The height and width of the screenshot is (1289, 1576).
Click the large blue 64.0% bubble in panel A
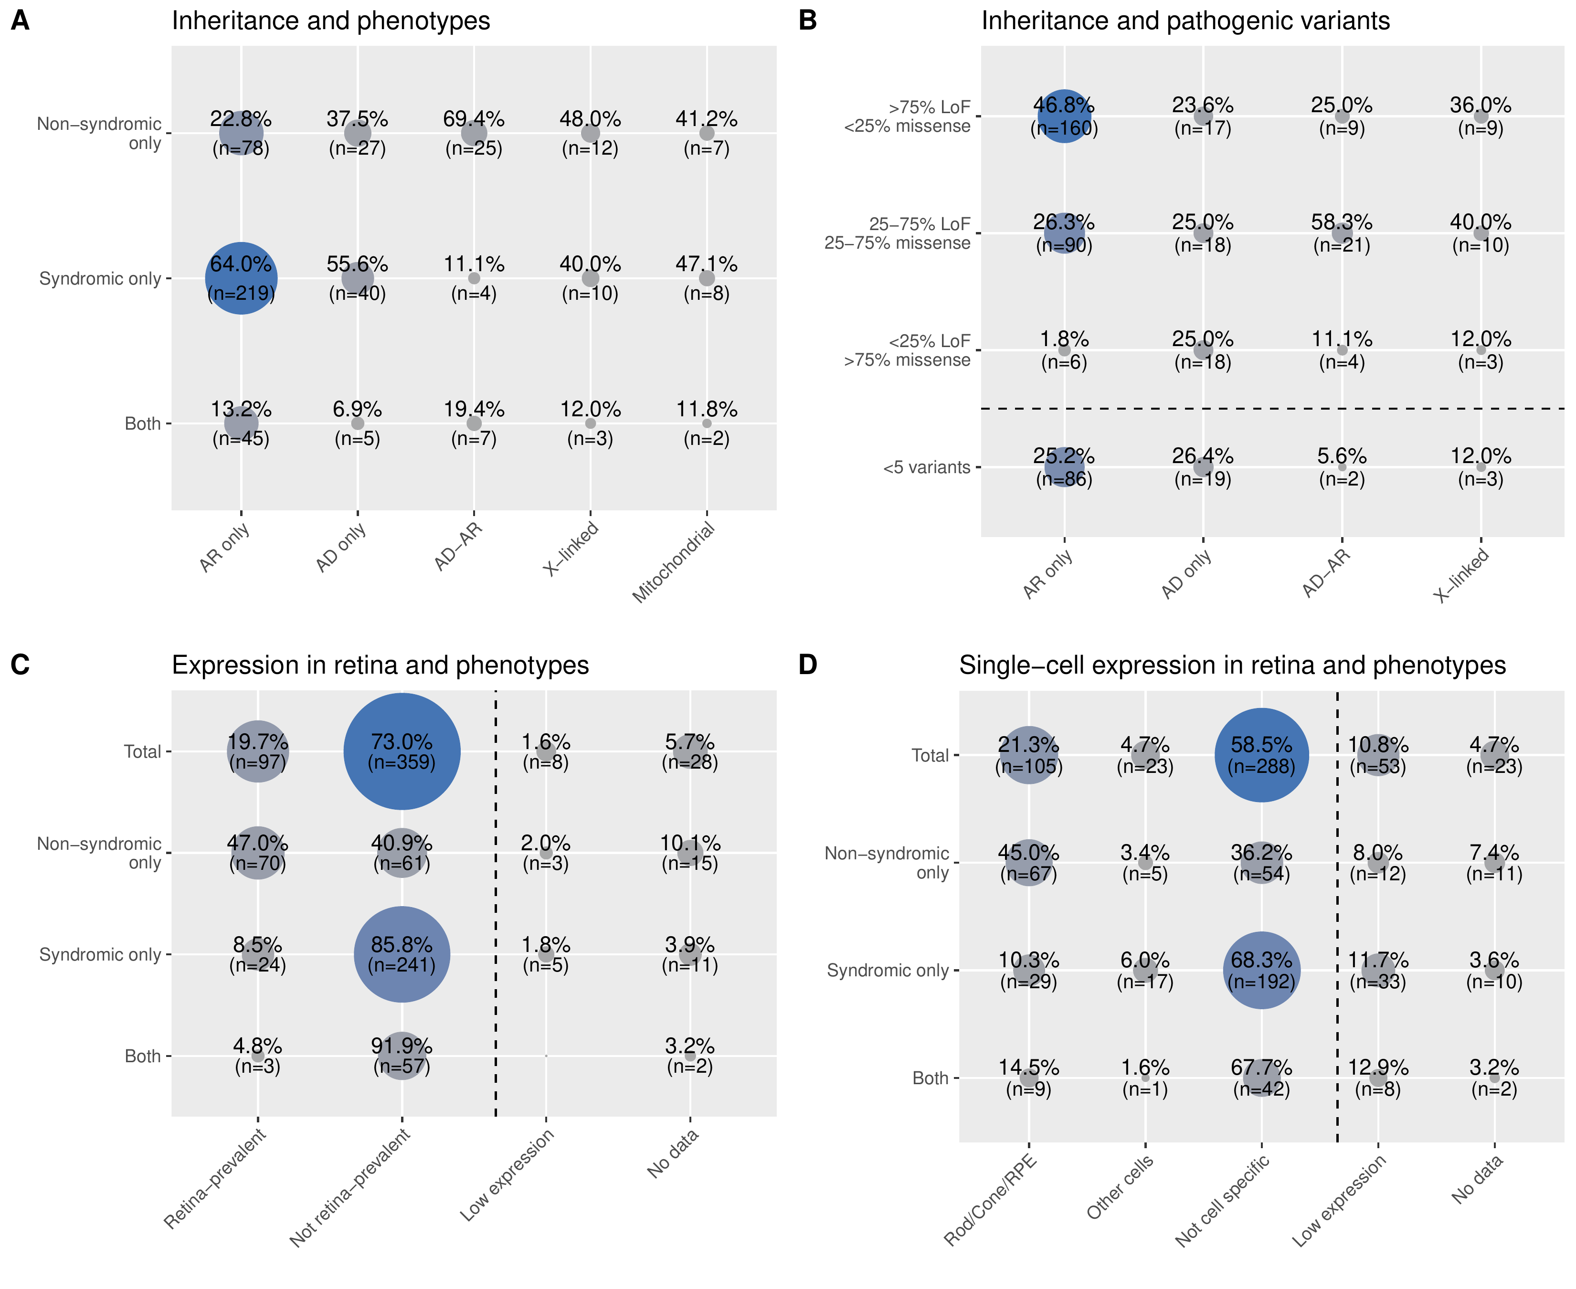(x=241, y=278)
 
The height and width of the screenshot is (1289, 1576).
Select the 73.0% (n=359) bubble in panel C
(x=402, y=751)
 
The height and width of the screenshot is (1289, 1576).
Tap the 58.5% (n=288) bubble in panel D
(x=1261, y=755)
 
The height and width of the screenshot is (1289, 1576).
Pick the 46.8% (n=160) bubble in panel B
(x=1064, y=116)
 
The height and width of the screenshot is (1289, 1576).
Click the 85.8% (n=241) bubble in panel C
(x=402, y=954)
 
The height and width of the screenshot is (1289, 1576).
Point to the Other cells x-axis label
(x=1120, y=1186)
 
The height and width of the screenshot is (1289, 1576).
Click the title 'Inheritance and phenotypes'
(x=330, y=21)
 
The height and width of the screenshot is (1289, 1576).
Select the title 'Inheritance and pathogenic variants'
(x=1185, y=21)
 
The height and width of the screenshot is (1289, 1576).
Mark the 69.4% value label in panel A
(x=474, y=119)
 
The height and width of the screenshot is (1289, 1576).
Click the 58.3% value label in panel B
(x=1342, y=222)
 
